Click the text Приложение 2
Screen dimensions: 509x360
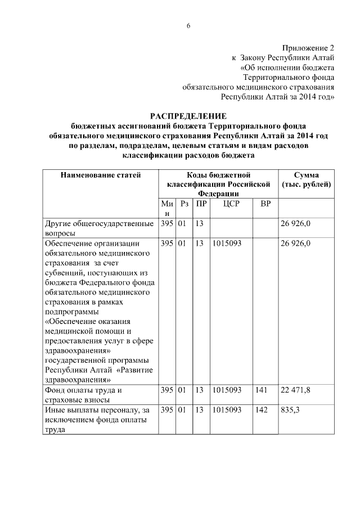308,48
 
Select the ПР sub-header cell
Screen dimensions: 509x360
201,204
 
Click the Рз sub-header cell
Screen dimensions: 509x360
184,204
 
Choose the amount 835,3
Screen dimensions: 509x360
289,411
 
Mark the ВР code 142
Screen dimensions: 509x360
260,411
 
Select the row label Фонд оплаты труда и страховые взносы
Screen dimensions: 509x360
84,395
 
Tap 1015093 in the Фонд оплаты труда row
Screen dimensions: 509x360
227,390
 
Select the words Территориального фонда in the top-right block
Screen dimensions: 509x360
289,77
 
